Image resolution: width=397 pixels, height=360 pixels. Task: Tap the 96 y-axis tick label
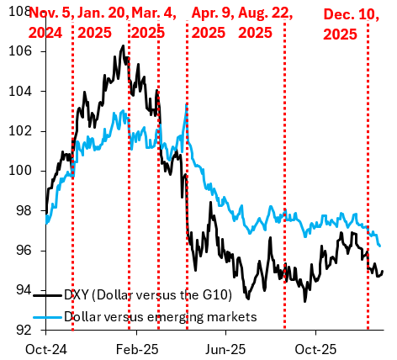coord(19,251)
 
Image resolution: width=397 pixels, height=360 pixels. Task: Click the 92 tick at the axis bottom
coord(19,330)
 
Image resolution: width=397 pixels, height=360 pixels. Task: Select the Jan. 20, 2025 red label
coord(103,23)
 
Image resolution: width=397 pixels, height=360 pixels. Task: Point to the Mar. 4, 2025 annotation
coord(159,23)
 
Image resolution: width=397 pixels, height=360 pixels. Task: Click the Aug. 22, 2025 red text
coord(269,23)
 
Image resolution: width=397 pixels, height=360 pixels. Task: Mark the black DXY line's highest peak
coord(123,45)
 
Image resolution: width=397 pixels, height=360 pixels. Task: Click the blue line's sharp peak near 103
coord(186,103)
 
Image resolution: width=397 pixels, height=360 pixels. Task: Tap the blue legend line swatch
coord(49,317)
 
